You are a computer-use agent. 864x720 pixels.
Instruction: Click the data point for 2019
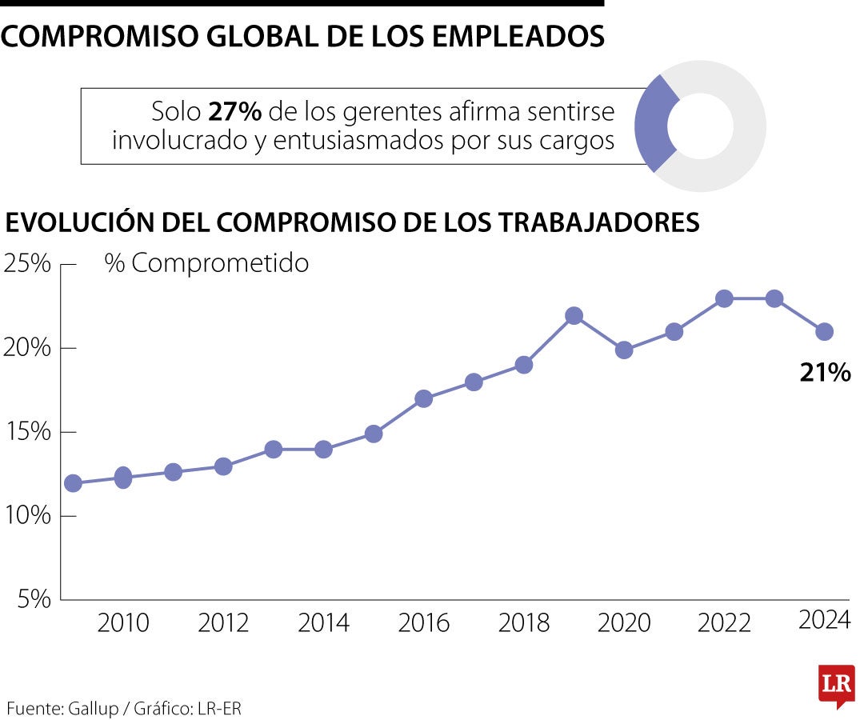[574, 316]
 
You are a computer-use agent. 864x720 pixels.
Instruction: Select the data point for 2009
[73, 483]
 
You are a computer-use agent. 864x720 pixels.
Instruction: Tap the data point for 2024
[825, 332]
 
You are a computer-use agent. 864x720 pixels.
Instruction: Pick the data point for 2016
[424, 398]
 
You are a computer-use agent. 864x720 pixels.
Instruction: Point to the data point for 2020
[624, 350]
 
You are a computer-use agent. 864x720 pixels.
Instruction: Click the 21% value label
[825, 372]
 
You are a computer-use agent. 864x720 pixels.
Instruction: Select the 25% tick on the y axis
[28, 263]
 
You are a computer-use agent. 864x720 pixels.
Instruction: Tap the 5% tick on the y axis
[33, 598]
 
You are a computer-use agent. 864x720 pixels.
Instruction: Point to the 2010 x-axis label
[123, 623]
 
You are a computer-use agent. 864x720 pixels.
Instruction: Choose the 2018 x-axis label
[524, 623]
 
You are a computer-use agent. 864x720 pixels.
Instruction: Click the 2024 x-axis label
[824, 620]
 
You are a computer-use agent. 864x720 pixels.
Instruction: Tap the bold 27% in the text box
[229, 111]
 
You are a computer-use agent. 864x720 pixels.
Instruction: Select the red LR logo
[836, 685]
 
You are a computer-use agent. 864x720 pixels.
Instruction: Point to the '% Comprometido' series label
[206, 263]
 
